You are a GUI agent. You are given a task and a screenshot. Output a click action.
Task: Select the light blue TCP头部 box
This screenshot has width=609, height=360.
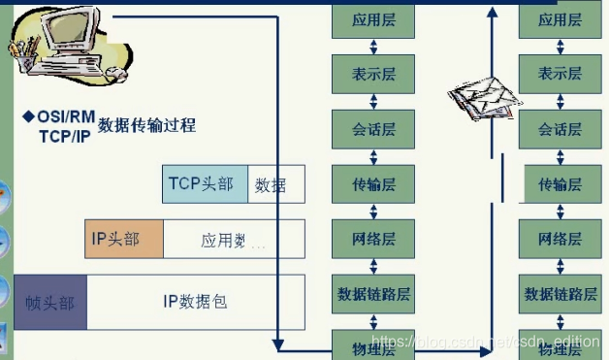[x=205, y=183]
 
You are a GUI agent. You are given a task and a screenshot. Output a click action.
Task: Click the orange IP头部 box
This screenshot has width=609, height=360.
[x=123, y=239]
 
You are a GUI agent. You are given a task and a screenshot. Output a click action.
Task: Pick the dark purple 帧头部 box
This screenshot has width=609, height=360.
[x=49, y=302]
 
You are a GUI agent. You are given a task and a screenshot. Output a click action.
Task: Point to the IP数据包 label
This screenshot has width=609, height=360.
[x=195, y=302]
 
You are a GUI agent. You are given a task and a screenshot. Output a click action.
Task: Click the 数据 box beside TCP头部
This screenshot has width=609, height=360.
[x=275, y=184]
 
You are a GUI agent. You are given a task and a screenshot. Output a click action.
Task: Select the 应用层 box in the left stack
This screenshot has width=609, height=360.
[x=372, y=18]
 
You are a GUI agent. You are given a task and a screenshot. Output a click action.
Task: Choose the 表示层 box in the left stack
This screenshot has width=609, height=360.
[x=372, y=72]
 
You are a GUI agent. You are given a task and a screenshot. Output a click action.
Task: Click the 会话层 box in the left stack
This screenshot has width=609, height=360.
[x=372, y=127]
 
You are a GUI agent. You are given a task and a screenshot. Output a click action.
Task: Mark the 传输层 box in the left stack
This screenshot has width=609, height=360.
[x=372, y=182]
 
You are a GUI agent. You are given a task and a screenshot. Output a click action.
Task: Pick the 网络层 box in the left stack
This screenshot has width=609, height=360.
[x=372, y=238]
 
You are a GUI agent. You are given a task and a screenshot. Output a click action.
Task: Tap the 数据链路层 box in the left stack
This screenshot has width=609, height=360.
[x=373, y=293]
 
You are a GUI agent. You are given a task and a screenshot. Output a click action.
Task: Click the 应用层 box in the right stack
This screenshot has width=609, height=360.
[x=561, y=18]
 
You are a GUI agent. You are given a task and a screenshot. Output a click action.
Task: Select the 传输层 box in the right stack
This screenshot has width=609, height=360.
[x=561, y=183]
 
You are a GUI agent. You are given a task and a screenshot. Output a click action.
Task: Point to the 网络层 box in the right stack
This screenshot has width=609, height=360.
[x=561, y=238]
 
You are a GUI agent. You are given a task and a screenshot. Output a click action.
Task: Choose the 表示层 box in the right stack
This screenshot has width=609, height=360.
[x=561, y=72]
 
